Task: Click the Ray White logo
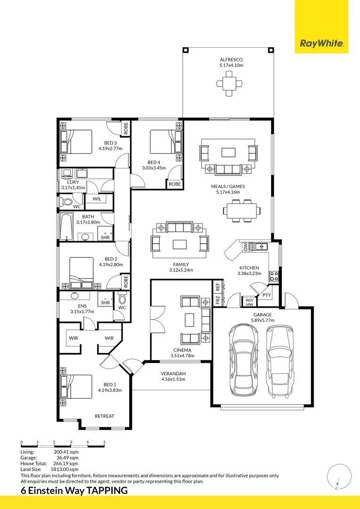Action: tap(321, 44)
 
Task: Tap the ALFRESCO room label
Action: tap(231, 59)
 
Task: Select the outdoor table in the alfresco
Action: tap(230, 84)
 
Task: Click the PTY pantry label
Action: tap(267, 296)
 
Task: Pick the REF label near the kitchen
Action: tap(217, 286)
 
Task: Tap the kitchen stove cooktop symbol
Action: tap(273, 277)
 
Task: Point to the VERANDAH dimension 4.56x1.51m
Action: tap(173, 379)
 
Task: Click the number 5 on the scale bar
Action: tap(104, 442)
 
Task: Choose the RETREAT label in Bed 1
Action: tap(104, 416)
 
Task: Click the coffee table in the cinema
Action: tap(189, 320)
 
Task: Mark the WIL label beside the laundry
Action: tap(97, 199)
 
